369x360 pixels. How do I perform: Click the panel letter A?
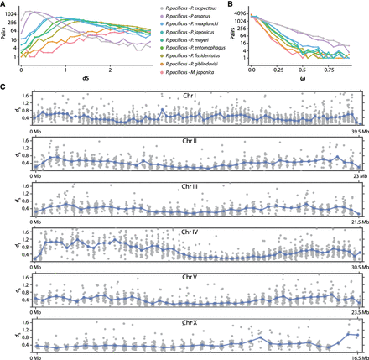(x=5, y=5)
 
